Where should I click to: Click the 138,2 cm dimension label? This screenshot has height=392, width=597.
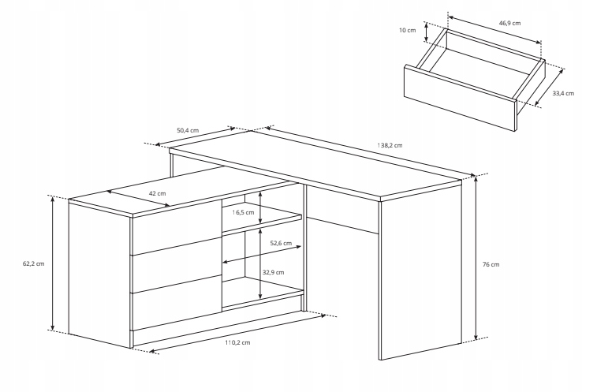[x=390, y=145]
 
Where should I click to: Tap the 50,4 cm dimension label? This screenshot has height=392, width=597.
[x=188, y=129]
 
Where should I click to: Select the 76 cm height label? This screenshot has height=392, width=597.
[x=490, y=264]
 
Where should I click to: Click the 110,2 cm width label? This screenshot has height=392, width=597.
[x=237, y=342]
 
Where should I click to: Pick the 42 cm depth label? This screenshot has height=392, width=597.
[x=157, y=193]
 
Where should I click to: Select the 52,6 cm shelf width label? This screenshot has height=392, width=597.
[x=280, y=244]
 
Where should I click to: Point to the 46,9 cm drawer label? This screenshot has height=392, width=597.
[x=509, y=23]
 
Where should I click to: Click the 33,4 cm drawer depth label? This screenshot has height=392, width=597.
[x=562, y=93]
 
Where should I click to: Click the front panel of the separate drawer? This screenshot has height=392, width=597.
[x=458, y=95]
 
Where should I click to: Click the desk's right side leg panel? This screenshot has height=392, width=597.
[x=418, y=276]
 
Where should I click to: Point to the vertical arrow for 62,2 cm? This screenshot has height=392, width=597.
[x=53, y=263]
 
